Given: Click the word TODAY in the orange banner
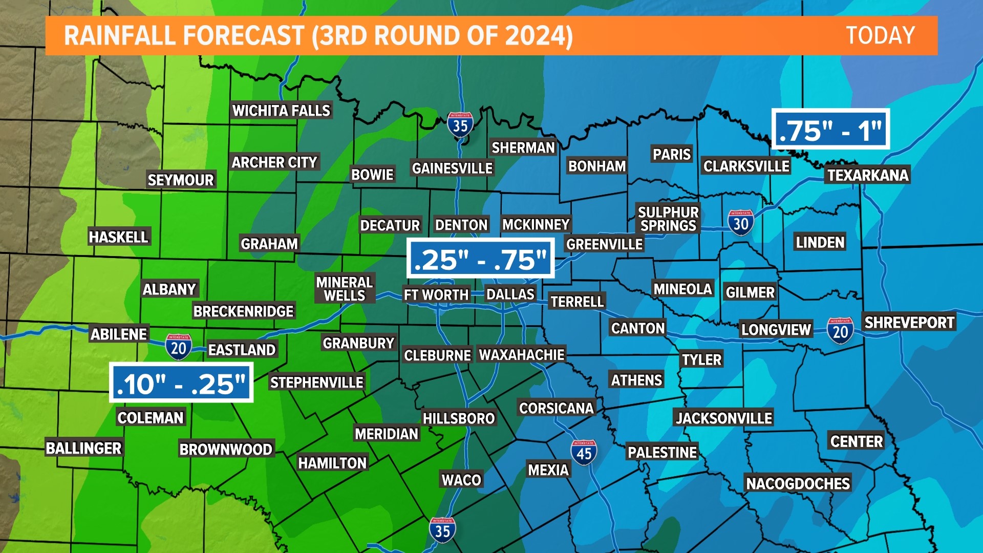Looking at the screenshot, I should click(x=880, y=36).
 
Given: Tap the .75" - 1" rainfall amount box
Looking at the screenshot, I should click(x=830, y=130).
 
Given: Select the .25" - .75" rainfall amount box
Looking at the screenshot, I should click(x=480, y=259).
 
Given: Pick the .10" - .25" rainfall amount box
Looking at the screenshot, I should click(x=181, y=383).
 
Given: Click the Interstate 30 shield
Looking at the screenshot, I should click(x=740, y=223).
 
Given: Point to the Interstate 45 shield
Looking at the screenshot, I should click(x=584, y=453).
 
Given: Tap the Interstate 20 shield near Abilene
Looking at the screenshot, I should click(x=178, y=347).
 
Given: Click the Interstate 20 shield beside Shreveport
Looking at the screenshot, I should click(x=840, y=331).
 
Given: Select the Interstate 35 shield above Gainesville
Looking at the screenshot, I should click(x=460, y=124).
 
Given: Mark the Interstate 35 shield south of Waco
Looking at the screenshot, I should click(x=442, y=530).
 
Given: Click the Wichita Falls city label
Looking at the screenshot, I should click(x=281, y=111).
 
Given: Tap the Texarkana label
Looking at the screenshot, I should click(x=868, y=175).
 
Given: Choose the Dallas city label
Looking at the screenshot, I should click(x=510, y=294).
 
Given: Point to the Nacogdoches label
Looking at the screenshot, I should click(x=798, y=483).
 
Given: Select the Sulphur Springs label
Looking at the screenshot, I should click(x=668, y=219).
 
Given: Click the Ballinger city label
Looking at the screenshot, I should click(x=83, y=448).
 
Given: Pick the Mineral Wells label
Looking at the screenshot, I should click(x=344, y=289).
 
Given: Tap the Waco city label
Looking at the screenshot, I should click(x=461, y=480).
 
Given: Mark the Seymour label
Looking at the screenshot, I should click(x=180, y=180).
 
